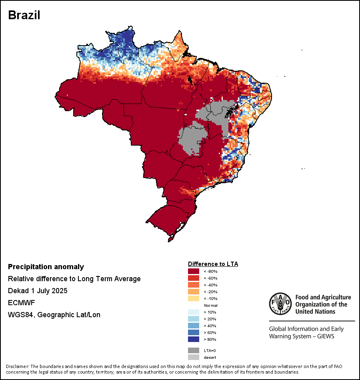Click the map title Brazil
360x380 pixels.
click(x=24, y=15)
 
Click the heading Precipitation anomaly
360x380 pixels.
click(x=46, y=267)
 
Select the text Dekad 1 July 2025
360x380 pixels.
click(x=38, y=291)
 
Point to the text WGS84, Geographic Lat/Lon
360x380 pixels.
click(x=54, y=315)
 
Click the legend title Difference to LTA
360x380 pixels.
click(x=213, y=264)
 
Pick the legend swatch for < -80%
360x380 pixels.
click(x=194, y=272)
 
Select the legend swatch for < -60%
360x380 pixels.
click(x=194, y=278)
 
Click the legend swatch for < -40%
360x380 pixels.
click(x=194, y=285)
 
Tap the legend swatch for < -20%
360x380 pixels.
click(x=194, y=292)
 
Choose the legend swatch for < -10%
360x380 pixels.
click(x=194, y=299)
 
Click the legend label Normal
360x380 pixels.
click(x=210, y=306)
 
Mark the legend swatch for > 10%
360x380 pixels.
click(x=194, y=312)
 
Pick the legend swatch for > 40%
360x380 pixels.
click(x=194, y=326)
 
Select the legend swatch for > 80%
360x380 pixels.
click(x=194, y=339)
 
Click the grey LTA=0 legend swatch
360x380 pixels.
click(x=194, y=350)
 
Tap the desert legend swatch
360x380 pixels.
click(x=194, y=357)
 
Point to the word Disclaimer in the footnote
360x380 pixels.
click(x=17, y=366)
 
